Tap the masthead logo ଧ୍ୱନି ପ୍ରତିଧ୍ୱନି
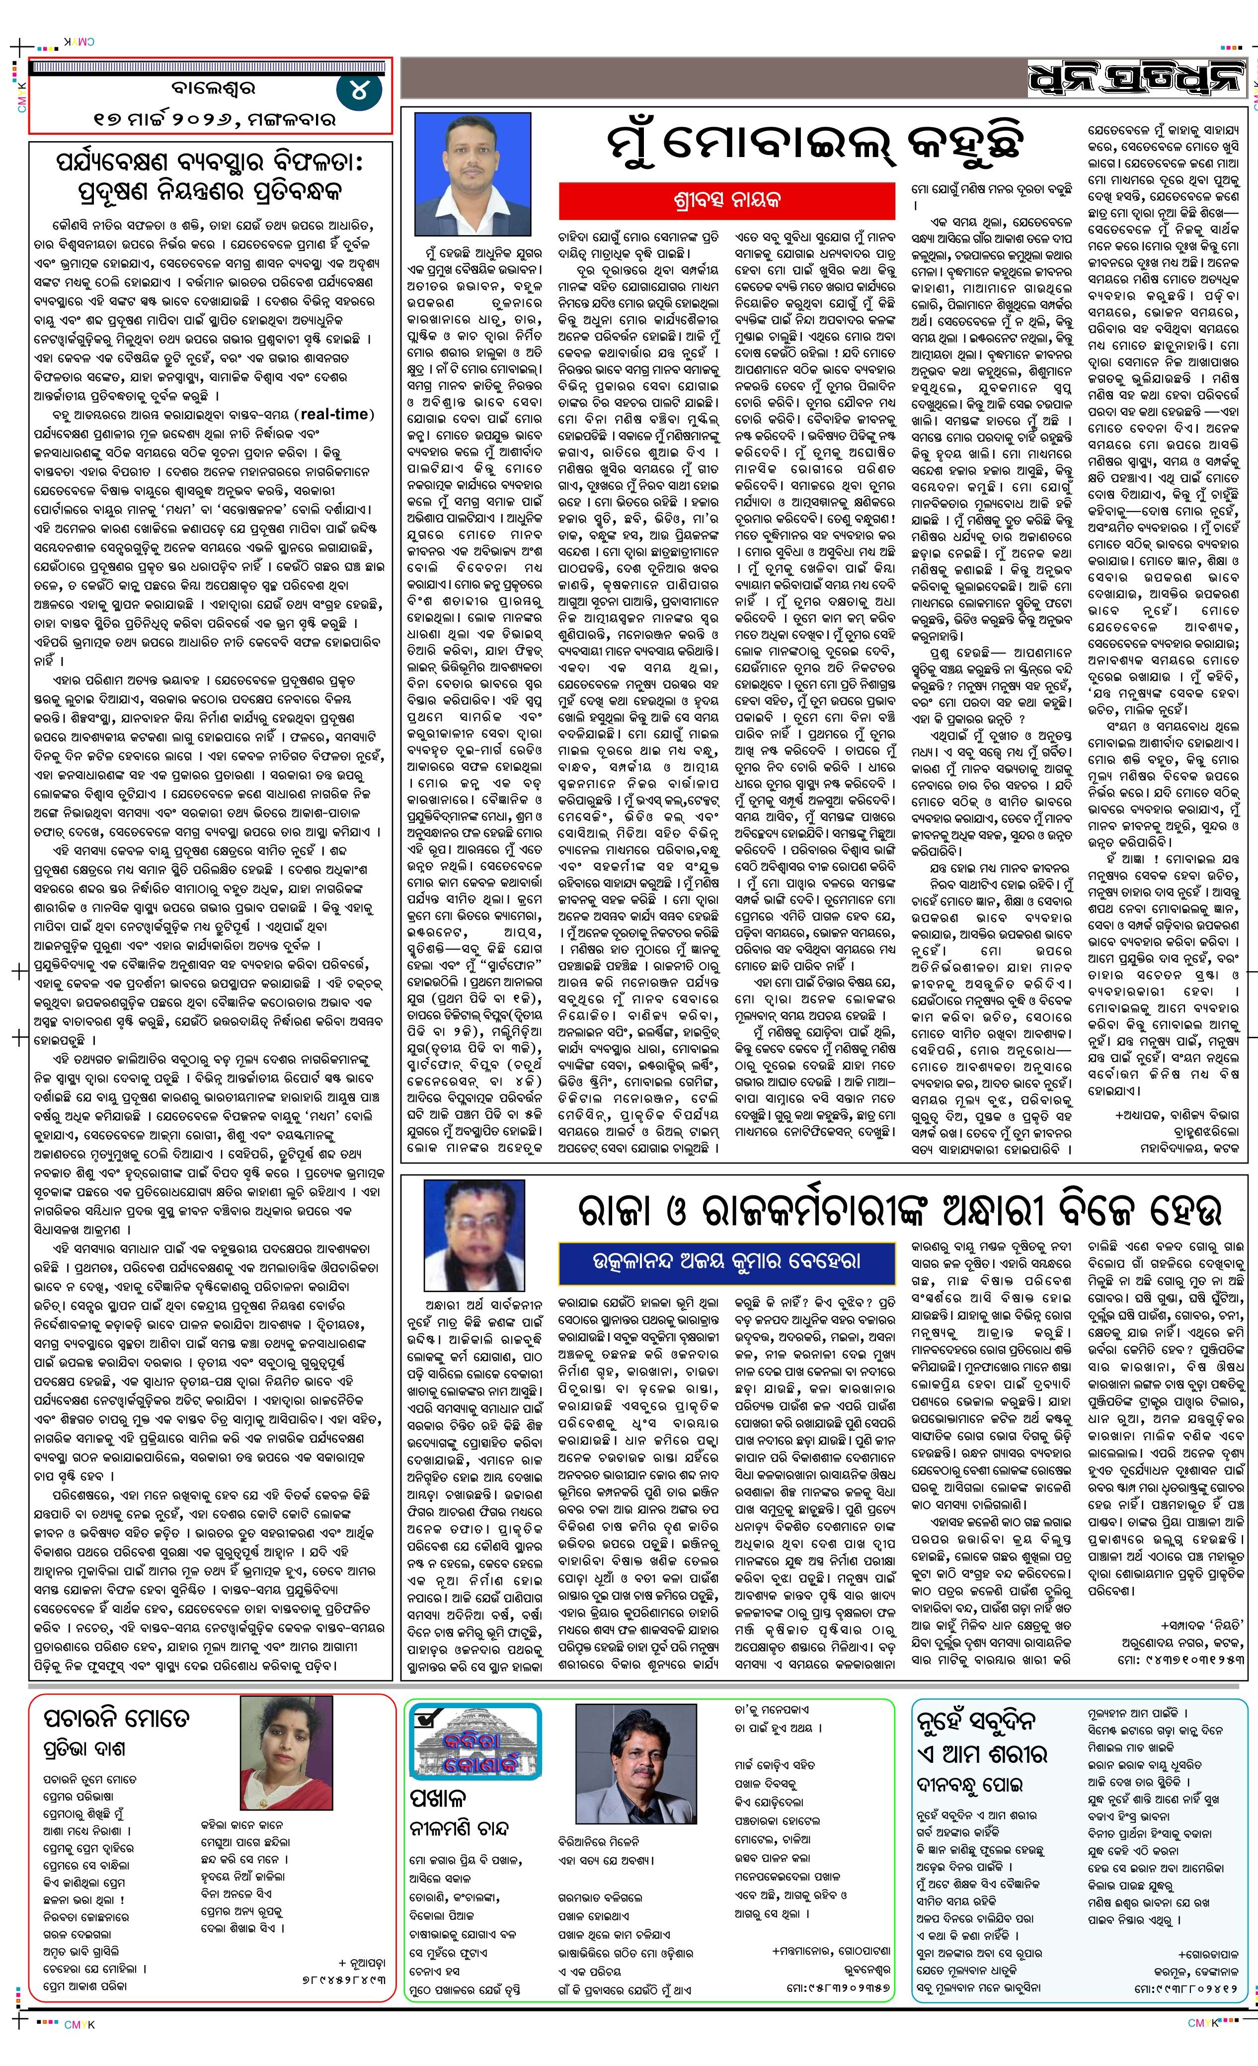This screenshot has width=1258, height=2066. [1136, 80]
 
